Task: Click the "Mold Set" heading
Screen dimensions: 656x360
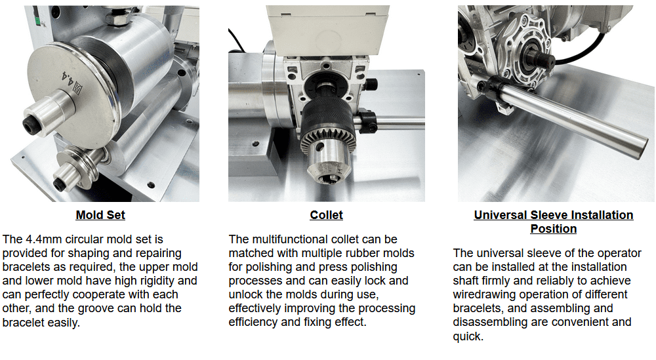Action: click(100, 215)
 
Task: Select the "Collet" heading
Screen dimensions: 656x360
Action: click(326, 215)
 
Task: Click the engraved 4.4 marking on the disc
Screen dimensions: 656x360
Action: click(67, 79)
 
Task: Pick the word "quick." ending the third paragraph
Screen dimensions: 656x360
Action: click(468, 336)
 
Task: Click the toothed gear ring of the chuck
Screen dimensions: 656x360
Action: click(329, 136)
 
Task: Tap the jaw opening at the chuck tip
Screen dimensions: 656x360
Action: click(329, 178)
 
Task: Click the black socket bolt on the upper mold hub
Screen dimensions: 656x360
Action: click(30, 125)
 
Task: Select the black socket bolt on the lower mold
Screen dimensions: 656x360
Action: click(59, 184)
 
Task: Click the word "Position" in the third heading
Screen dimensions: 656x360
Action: click(554, 229)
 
